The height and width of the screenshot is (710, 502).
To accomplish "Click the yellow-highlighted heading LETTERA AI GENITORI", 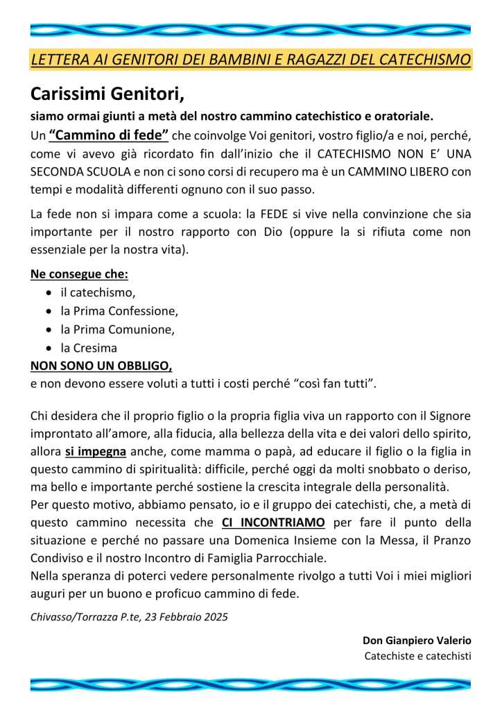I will [x=250, y=60].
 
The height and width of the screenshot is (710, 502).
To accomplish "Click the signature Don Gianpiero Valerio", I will [x=417, y=639].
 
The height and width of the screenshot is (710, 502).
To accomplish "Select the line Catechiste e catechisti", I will [x=418, y=656].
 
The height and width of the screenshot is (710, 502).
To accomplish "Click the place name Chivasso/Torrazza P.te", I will [x=78, y=616].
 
